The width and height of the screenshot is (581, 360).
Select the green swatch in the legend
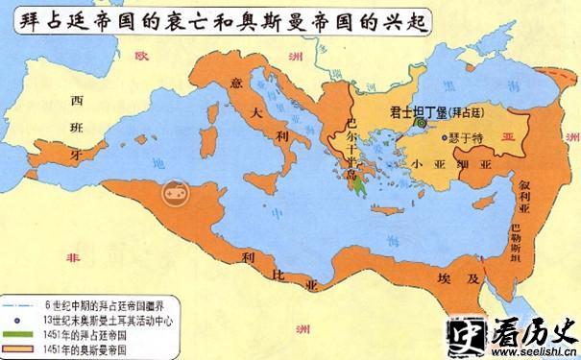coord(19,333)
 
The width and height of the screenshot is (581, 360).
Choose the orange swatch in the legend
coord(19,347)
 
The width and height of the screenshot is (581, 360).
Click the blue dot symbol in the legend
coord(19,319)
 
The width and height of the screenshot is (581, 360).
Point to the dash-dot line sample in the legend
coord(19,304)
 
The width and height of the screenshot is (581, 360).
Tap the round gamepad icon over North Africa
coord(175,191)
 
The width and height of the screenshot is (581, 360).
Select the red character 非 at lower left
coord(68,257)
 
